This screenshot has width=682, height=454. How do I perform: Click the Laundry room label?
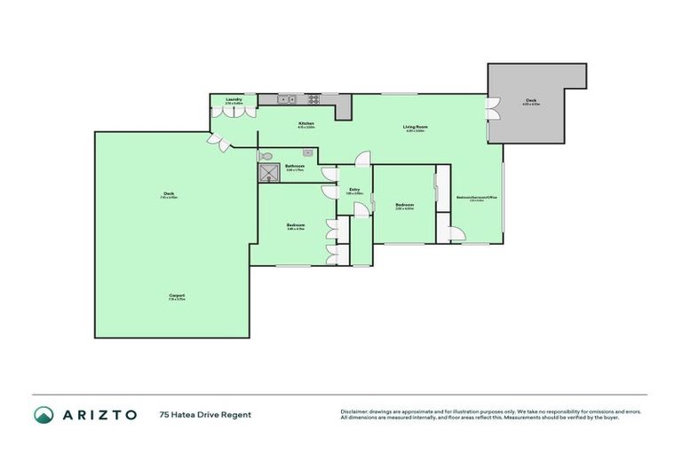point(234,99)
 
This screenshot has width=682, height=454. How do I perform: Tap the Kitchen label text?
point(305,123)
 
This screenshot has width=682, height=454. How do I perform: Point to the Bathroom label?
point(295,167)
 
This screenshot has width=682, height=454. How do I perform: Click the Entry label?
point(353,189)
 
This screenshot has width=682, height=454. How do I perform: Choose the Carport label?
point(177,295)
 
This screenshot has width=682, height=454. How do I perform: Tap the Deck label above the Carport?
point(168,194)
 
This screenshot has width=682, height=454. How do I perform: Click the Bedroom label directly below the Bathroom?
point(296,225)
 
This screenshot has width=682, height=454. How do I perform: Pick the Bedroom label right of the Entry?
point(404,206)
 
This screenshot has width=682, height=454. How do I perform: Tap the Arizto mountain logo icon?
point(44,414)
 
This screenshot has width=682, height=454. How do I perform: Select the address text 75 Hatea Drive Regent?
point(205,414)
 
